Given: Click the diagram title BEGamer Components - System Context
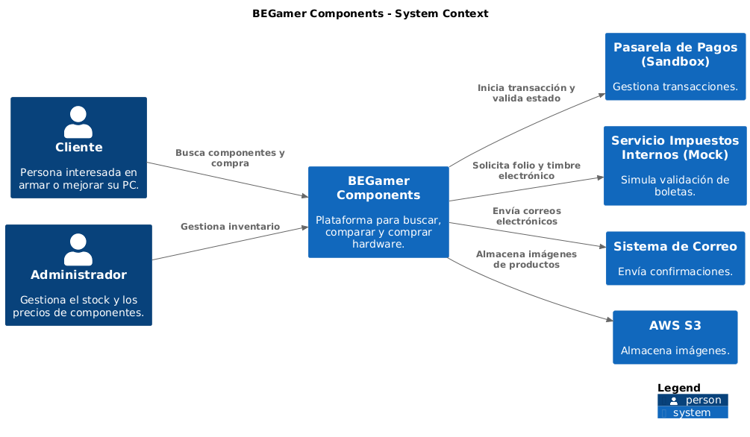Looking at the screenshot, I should [x=370, y=13].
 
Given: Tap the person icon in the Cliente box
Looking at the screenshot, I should [x=78, y=122].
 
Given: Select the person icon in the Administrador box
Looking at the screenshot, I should [x=78, y=250].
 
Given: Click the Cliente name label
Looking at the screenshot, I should [x=78, y=147].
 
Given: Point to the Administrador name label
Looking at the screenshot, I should [x=78, y=274].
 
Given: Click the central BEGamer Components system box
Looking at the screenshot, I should [x=378, y=212].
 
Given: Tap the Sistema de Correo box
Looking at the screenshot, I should [x=675, y=258].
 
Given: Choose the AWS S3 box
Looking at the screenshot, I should [x=675, y=337].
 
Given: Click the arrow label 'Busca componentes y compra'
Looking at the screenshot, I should [x=230, y=158].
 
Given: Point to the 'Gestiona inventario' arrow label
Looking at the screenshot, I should [x=230, y=226].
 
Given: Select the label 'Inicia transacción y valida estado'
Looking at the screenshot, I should [x=526, y=93].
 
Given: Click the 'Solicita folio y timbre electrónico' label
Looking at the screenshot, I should [x=526, y=171].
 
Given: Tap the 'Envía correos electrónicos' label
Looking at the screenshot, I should [x=526, y=216].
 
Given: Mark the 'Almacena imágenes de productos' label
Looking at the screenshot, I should [x=526, y=259].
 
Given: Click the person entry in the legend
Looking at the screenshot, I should [x=693, y=400].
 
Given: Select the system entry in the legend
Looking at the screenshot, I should [x=693, y=412].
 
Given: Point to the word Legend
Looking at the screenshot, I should [x=678, y=388].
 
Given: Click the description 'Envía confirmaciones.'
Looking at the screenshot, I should [x=675, y=271].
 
